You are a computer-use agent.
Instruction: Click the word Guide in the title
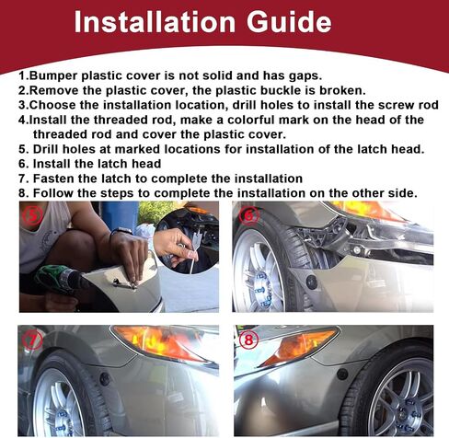coord(289,22)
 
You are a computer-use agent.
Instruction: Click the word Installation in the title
coord(155,21)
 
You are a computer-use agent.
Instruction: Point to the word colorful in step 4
coord(268,120)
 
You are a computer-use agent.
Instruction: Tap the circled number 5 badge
coord(32,216)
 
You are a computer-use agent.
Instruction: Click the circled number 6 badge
coord(249,216)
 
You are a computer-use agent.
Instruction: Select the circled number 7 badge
coord(32,340)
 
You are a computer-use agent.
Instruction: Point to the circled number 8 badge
coord(248,340)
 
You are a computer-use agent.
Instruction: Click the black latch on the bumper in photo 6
coord(312,282)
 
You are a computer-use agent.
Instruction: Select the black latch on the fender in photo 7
coord(105,379)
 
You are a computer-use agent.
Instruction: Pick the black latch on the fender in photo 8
coord(342,374)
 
